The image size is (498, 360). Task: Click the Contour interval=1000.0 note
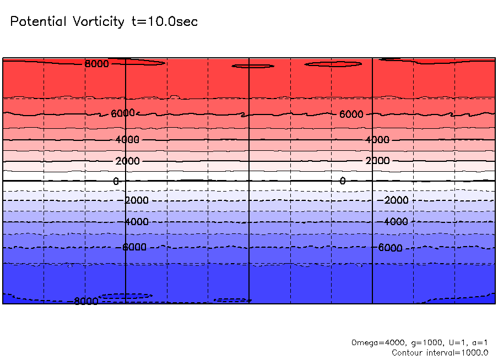[440, 353]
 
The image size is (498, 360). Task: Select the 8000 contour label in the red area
[97, 64]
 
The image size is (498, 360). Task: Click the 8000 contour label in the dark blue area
[86, 301]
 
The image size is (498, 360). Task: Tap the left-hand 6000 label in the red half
[123, 113]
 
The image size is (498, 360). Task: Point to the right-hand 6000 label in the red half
[351, 114]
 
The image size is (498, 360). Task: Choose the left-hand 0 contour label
[116, 181]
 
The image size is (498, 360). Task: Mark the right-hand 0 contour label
[343, 181]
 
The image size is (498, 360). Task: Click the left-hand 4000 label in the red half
[128, 140]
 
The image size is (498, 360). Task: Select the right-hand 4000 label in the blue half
[396, 222]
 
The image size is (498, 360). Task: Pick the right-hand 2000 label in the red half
[378, 161]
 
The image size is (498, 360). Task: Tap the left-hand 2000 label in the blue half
[137, 200]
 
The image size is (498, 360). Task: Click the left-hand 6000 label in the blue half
[134, 247]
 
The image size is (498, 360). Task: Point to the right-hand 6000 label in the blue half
[390, 248]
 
